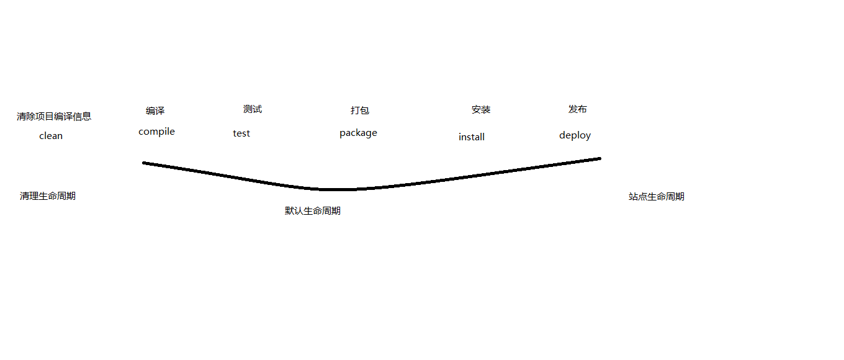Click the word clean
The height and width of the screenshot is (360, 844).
click(51, 136)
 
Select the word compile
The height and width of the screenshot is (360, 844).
click(156, 132)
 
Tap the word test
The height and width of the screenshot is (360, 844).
click(241, 133)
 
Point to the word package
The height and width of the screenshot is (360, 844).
click(358, 133)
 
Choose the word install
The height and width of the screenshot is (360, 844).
click(472, 137)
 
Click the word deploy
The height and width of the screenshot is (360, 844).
click(575, 135)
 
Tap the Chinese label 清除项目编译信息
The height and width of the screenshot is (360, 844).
click(54, 116)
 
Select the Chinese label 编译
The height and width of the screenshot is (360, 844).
click(155, 111)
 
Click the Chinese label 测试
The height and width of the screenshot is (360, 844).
click(253, 109)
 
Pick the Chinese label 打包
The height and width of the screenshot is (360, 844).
click(360, 110)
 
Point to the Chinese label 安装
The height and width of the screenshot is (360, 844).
click(481, 110)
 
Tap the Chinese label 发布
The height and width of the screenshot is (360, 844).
click(578, 109)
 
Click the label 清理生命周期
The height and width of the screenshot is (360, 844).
click(48, 196)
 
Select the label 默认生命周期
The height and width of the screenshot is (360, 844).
click(313, 211)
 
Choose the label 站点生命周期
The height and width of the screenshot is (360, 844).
click(657, 197)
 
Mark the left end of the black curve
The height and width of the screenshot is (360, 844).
click(144, 163)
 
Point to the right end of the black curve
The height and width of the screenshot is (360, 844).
click(599, 158)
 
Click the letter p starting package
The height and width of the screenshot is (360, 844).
click(343, 133)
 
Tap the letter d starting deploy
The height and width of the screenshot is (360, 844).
click(562, 135)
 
